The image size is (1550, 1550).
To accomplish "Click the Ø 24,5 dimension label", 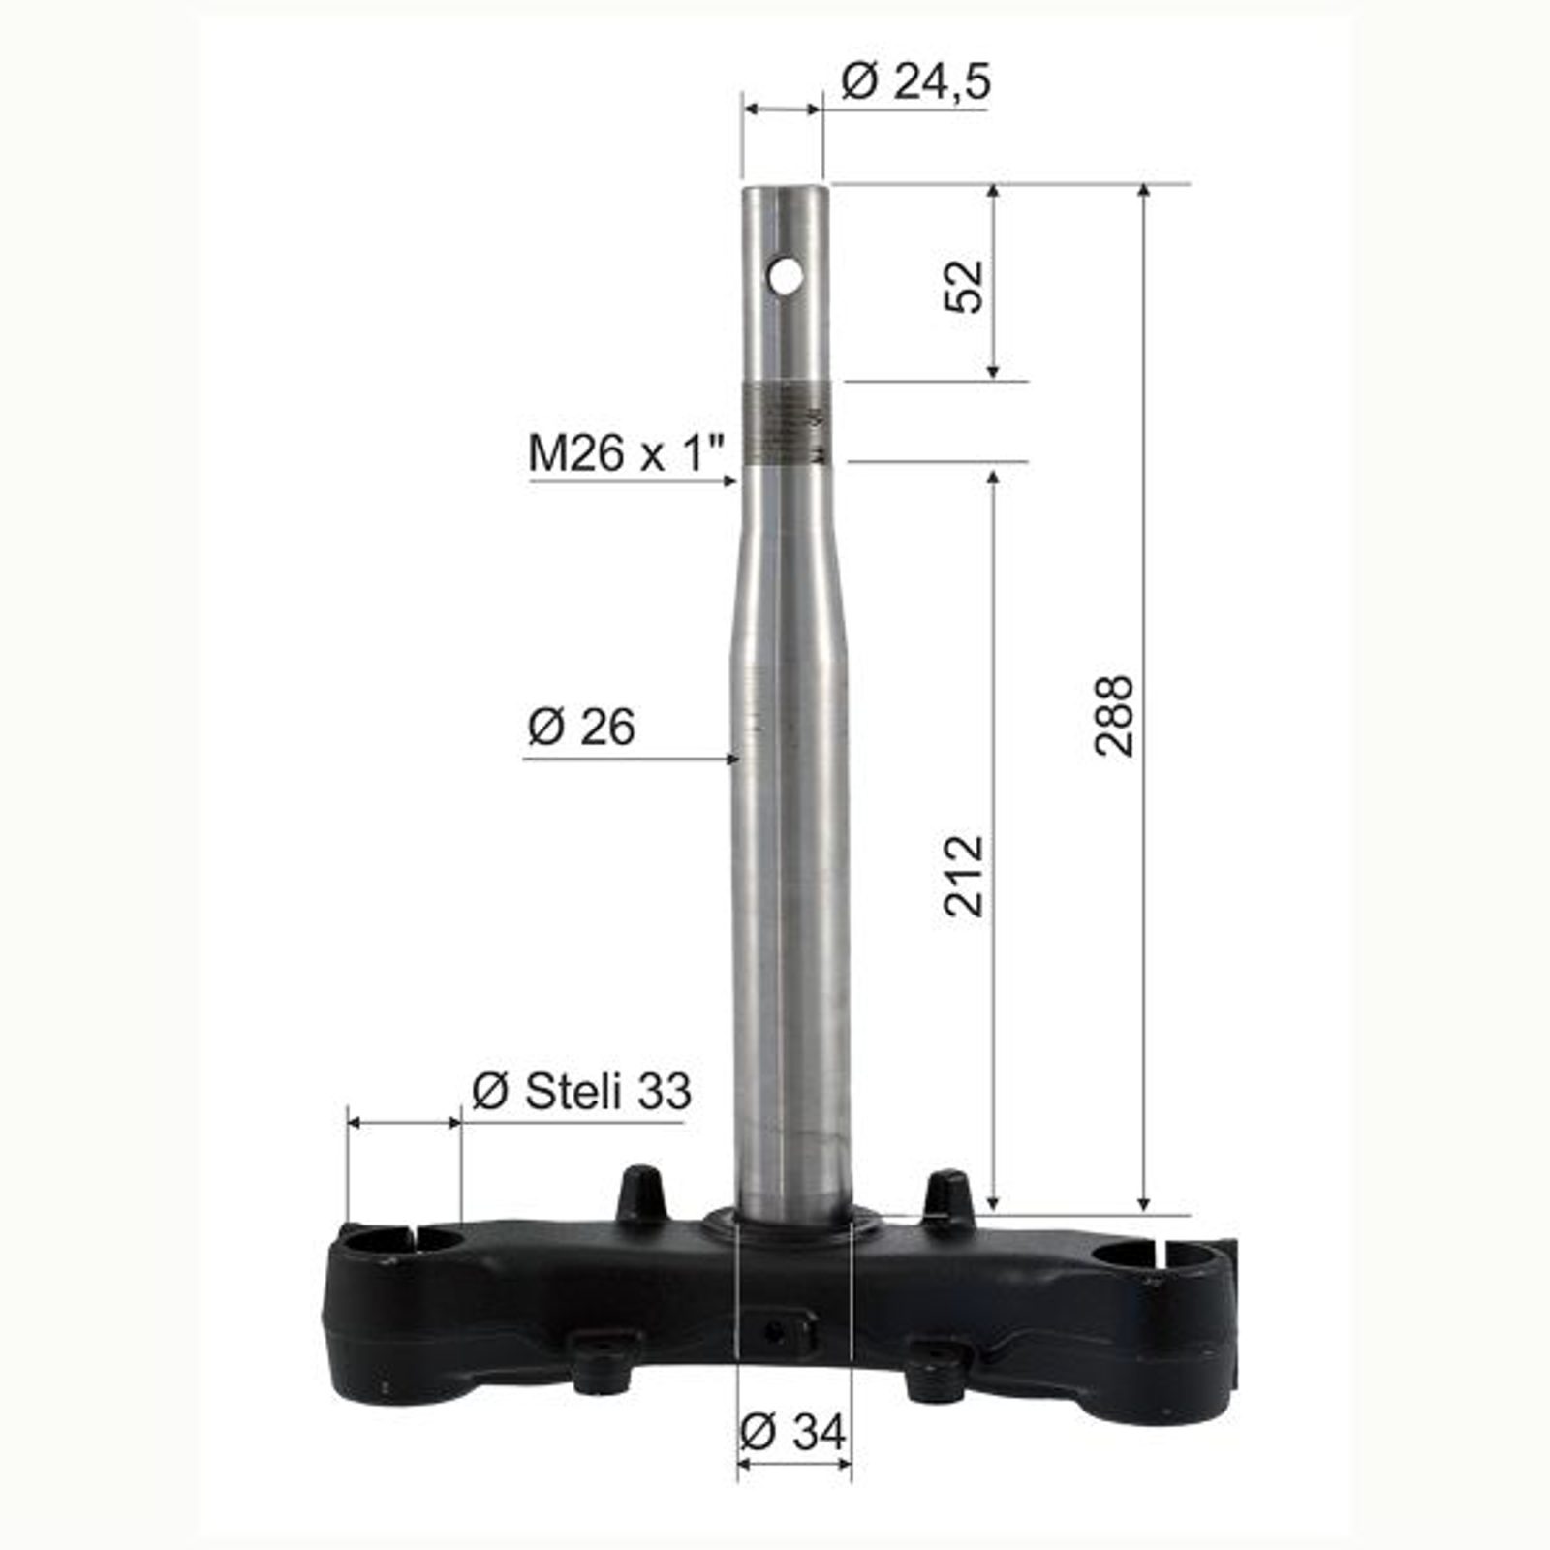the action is click(915, 82).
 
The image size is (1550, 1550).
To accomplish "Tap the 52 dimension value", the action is click(964, 286).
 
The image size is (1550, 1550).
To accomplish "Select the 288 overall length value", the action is click(1113, 716).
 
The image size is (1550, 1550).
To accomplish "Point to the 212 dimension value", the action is click(964, 875).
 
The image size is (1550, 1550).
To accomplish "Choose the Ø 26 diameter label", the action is click(581, 727).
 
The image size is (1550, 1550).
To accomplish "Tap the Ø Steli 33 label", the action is click(581, 1092).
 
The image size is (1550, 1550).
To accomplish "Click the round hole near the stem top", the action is click(785, 276).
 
